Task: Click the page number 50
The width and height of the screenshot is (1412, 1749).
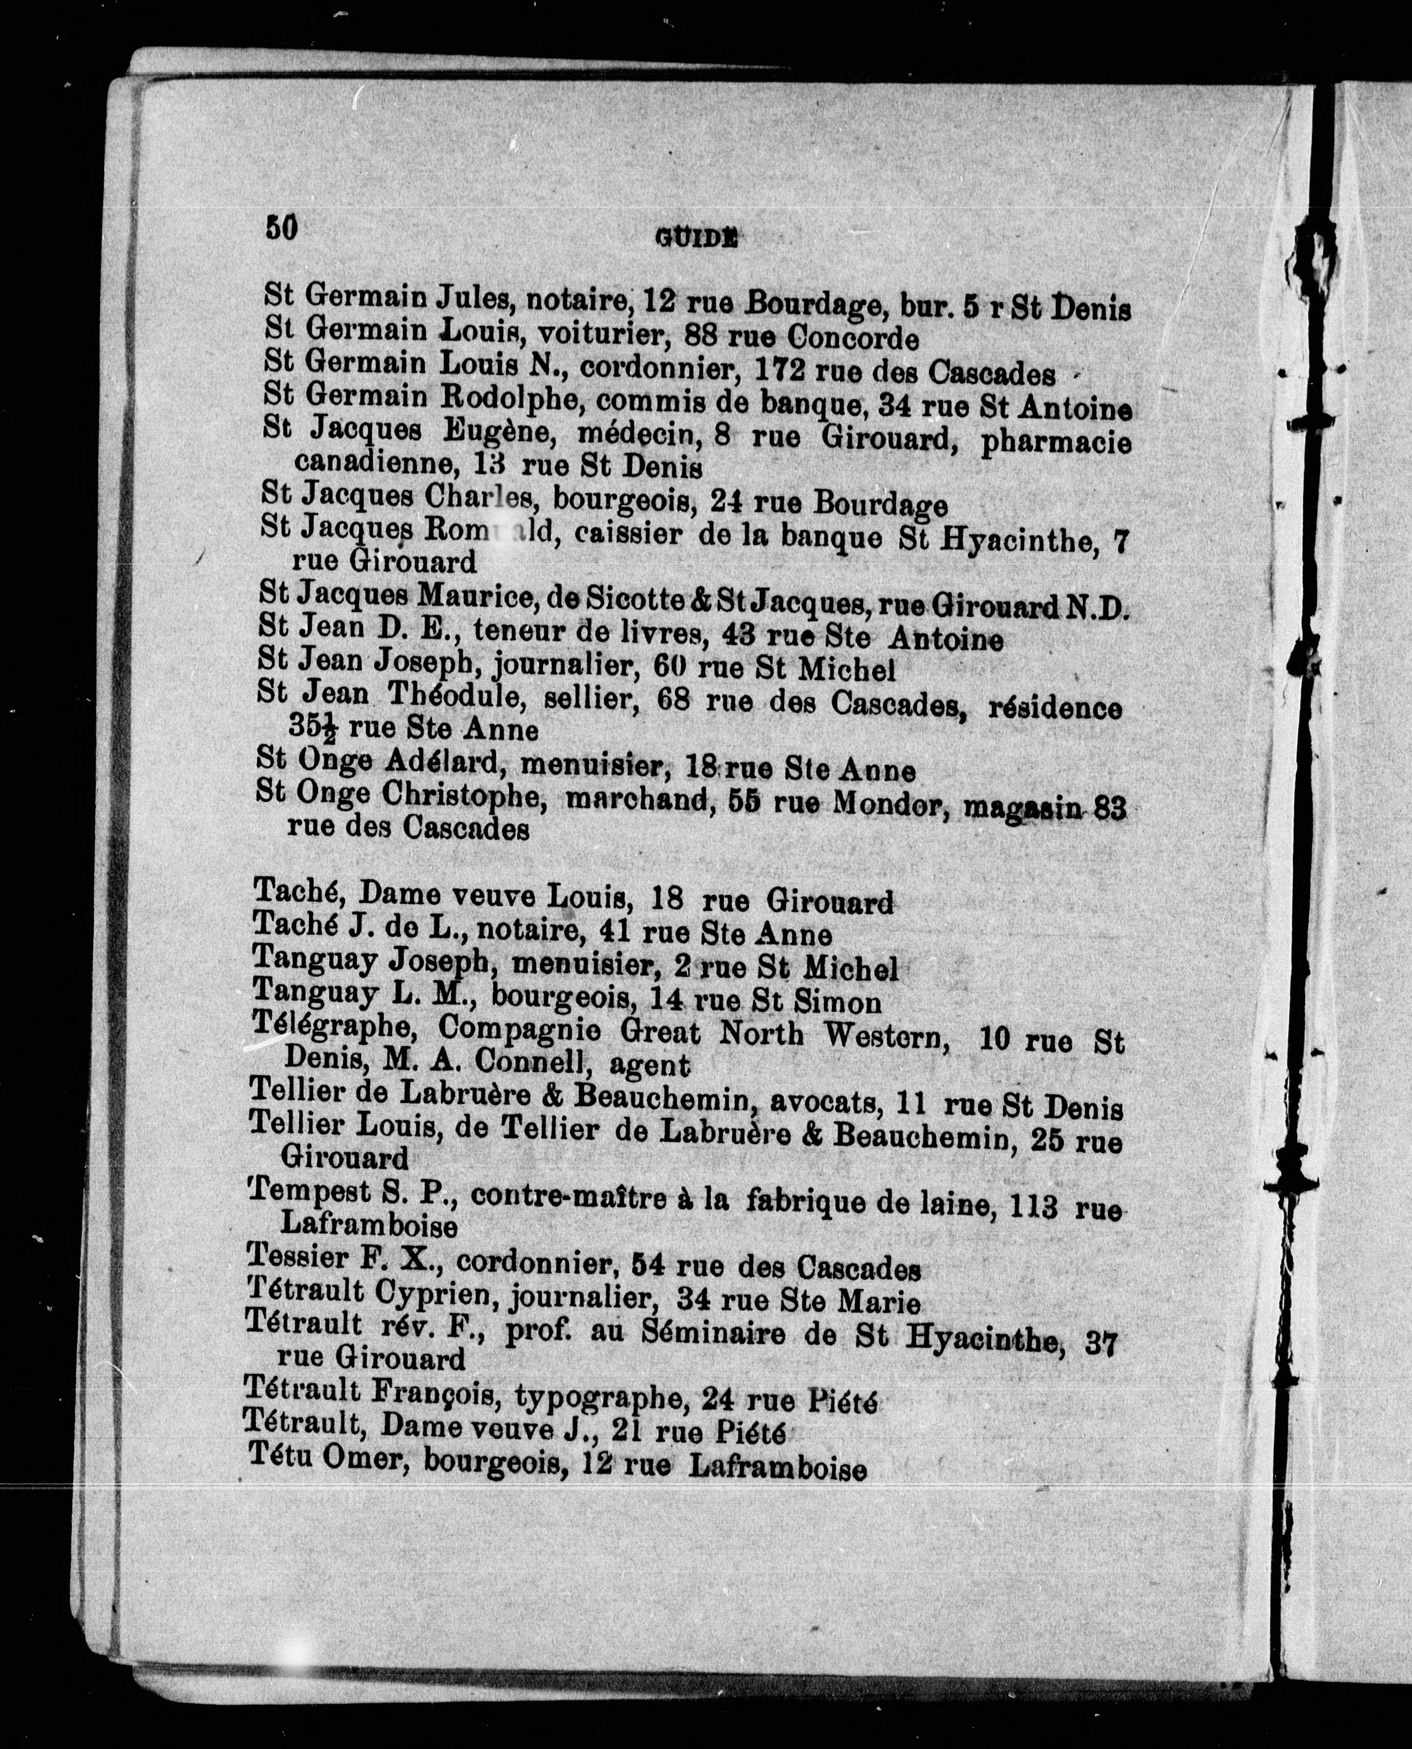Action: click(281, 227)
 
